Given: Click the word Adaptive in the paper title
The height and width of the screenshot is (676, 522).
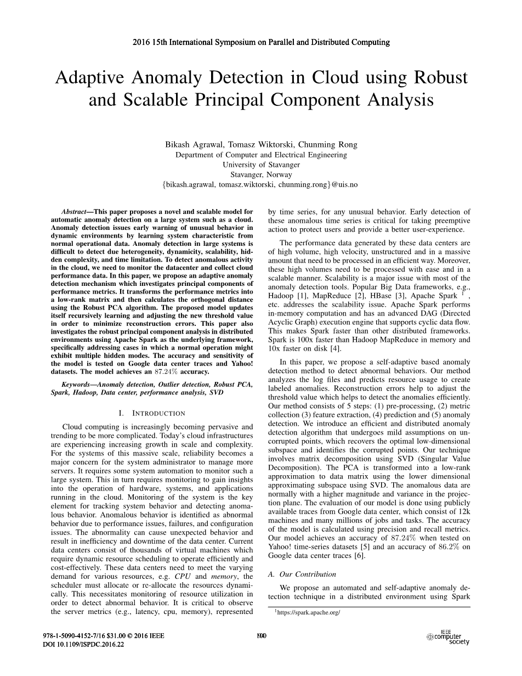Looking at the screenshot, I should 91,77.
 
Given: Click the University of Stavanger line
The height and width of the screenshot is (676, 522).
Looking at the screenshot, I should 261,165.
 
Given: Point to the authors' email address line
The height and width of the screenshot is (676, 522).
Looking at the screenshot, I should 261,184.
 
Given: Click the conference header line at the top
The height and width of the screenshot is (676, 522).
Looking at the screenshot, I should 261,42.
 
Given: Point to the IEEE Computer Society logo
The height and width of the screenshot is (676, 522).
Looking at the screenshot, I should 447,637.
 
